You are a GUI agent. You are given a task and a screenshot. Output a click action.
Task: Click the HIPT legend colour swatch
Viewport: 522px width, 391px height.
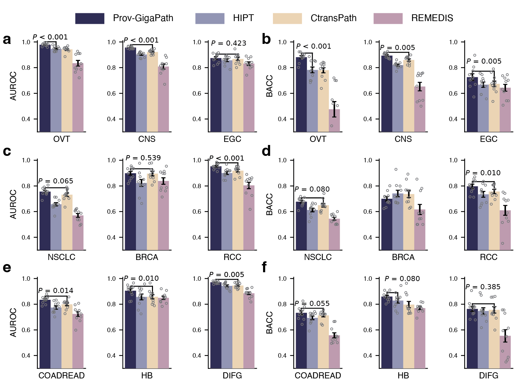point(210,18)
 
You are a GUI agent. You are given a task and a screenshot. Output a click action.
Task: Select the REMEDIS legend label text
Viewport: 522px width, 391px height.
point(432,18)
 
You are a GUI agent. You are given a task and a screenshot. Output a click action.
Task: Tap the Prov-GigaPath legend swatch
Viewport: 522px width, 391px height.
point(90,18)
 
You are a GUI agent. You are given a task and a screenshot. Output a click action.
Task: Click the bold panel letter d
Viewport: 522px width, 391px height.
point(266,151)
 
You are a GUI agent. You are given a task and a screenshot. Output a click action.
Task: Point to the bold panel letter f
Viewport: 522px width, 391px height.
point(264,267)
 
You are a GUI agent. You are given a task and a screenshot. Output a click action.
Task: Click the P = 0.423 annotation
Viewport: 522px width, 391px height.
point(228,43)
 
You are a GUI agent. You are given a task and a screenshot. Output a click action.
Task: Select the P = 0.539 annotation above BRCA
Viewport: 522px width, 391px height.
point(143,158)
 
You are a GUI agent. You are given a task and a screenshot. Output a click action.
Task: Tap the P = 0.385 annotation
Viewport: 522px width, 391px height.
point(483,287)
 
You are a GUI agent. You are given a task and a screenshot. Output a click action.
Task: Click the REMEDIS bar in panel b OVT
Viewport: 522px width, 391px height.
point(334,120)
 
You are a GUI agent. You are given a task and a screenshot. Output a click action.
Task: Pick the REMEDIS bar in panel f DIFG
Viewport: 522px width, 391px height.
point(505,352)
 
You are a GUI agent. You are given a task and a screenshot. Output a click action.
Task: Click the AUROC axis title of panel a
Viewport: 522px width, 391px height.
point(13,86)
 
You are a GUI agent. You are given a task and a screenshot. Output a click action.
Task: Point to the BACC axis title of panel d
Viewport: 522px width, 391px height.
point(270,204)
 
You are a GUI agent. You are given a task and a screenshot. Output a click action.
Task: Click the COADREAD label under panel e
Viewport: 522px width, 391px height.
point(61,376)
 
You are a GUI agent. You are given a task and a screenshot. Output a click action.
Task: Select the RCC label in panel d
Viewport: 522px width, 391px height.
point(488,257)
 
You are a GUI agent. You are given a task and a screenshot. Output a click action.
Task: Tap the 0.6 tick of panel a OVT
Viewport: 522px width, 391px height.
point(26,94)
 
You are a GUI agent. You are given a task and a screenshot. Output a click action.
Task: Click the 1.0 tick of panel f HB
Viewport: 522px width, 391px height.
point(368,279)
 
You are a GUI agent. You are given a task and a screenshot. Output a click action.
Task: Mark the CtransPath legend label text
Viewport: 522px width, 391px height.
point(333,18)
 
